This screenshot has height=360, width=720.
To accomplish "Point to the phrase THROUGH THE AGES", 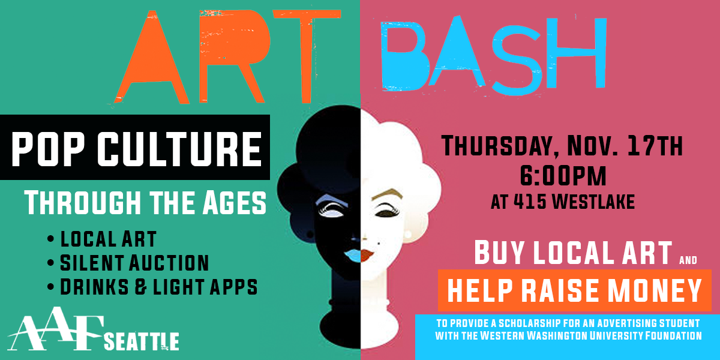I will point(145,203).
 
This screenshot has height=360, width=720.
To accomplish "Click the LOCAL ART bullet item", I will point(108,238).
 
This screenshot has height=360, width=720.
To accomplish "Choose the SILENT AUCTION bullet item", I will point(134,262).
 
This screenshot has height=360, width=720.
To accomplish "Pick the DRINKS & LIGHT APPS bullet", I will point(158,286).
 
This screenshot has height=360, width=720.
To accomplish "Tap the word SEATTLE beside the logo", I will point(142,341).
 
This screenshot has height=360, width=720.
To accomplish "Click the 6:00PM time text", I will point(562,177).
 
